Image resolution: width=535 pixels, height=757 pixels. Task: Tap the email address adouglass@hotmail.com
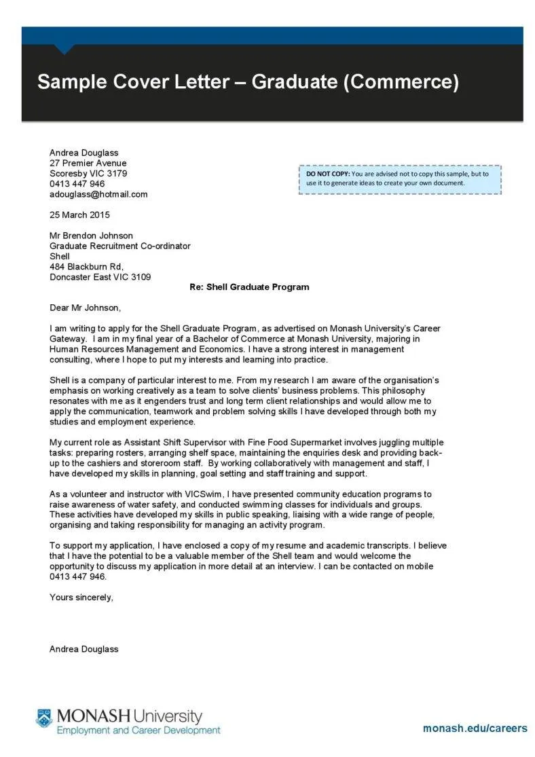tap(98, 194)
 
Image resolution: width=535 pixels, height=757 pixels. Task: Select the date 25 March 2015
tap(79, 215)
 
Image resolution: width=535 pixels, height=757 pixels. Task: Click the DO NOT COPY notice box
tap(400, 179)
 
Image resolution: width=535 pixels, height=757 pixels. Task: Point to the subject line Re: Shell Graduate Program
tap(248, 287)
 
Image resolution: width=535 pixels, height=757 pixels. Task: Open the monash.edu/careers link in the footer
tap(475, 728)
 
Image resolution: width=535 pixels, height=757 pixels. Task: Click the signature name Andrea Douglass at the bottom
tap(84, 649)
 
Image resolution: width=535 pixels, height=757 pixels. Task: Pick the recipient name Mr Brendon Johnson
tap(91, 236)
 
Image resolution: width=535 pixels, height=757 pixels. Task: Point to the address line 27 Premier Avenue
tap(88, 163)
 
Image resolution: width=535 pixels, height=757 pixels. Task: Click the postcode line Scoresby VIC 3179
tap(88, 173)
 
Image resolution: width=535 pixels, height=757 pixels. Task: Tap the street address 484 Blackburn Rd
tap(86, 267)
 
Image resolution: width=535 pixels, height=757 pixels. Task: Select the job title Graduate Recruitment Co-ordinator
tap(120, 246)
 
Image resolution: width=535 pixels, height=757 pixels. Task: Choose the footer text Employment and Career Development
tap(139, 731)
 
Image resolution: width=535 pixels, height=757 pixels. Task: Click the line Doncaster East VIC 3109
tap(100, 277)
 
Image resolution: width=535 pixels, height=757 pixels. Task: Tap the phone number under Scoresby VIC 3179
tap(77, 184)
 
